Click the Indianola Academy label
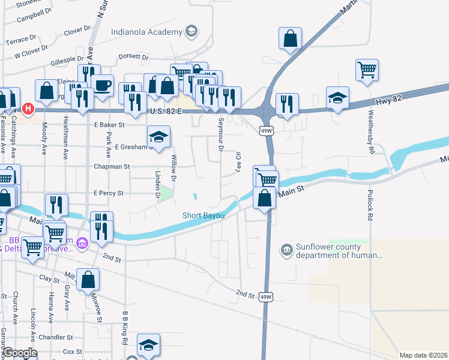point(146,32)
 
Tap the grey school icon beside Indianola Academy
point(191,31)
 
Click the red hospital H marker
point(27,109)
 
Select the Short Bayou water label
point(204,216)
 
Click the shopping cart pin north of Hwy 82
point(367,69)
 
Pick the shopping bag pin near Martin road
point(290,38)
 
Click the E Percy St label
point(108,193)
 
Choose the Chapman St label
point(111,166)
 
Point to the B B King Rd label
point(125,328)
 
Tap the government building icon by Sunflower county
point(286,248)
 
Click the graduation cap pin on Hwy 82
point(338,98)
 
